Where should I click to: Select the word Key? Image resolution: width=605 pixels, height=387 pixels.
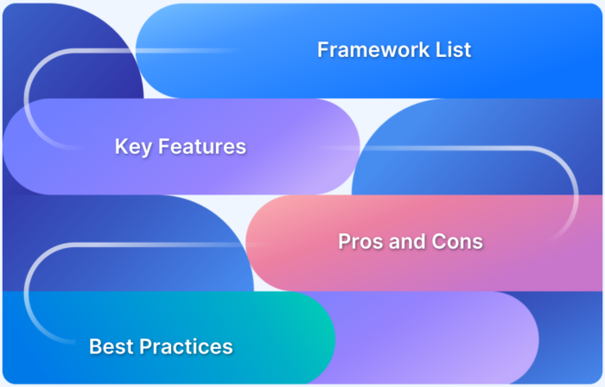coord(131,148)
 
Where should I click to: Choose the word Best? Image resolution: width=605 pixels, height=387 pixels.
coord(111,347)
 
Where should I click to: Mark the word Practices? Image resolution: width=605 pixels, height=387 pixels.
coord(186,347)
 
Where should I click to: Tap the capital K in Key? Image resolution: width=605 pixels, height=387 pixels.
coord(121,147)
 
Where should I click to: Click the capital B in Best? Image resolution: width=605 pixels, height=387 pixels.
coord(95,347)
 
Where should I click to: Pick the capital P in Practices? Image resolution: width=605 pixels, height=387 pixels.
coord(146,347)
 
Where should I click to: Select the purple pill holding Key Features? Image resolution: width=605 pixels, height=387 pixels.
coord(294,147)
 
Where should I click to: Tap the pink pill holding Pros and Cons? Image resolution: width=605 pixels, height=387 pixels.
coord(536,242)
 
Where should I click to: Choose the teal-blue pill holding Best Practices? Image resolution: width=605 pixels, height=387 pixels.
coord(277,341)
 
